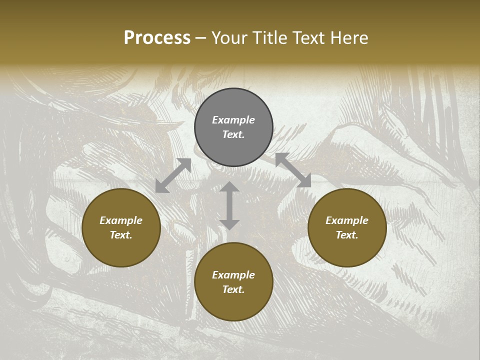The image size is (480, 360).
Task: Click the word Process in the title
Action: click(x=157, y=38)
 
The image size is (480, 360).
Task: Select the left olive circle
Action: click(x=121, y=245)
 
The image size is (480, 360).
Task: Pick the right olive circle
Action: click(x=347, y=245)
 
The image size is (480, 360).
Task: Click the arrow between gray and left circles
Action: click(x=173, y=175)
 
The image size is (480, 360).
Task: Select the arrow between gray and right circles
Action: click(x=293, y=170)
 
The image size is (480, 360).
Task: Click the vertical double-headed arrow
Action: click(x=229, y=205)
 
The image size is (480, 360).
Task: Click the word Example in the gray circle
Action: click(x=233, y=120)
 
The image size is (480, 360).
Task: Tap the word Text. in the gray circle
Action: click(x=233, y=134)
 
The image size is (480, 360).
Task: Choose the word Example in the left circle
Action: click(x=121, y=220)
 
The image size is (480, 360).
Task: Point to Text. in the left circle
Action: click(x=121, y=235)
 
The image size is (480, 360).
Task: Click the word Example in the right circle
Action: click(x=347, y=220)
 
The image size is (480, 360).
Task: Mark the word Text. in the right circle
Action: click(x=347, y=235)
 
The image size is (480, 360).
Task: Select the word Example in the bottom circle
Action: click(x=233, y=275)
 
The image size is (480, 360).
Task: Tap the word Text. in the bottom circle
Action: click(x=233, y=289)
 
